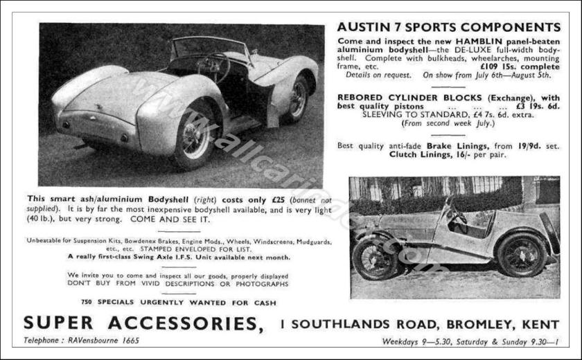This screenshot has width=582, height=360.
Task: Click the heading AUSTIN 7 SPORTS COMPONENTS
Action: tap(449, 28)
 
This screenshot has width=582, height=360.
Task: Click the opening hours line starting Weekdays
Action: tap(470, 341)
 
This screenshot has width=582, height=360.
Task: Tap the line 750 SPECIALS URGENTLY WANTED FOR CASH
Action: tap(178, 303)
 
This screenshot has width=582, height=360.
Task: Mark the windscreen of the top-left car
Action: tap(201, 48)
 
